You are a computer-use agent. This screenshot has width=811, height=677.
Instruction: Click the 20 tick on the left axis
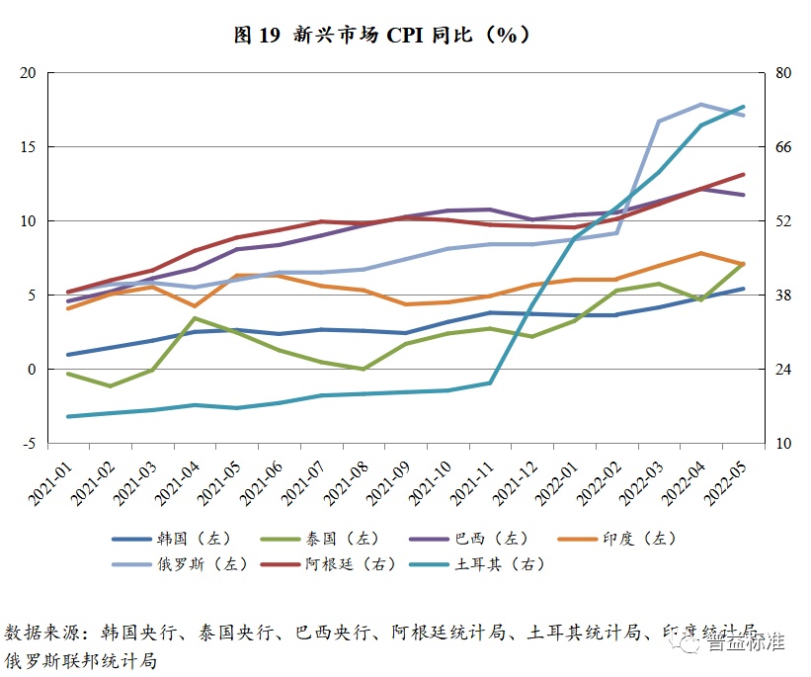pyautogui.click(x=28, y=73)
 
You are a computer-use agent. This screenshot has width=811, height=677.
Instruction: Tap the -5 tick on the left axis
pyautogui.click(x=29, y=444)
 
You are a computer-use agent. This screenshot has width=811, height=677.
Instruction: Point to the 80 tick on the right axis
pyautogui.click(x=783, y=73)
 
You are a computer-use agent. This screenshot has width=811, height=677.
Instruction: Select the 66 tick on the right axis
pyautogui.click(x=783, y=147)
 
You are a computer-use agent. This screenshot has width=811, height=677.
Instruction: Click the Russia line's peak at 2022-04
pyautogui.click(x=700, y=104)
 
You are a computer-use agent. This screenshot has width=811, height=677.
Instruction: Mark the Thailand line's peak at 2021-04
pyautogui.click(x=195, y=318)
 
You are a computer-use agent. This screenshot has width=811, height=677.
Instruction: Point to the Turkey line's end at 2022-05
pyautogui.click(x=743, y=107)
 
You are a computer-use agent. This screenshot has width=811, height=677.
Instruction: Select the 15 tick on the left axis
pyautogui.click(x=28, y=147)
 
